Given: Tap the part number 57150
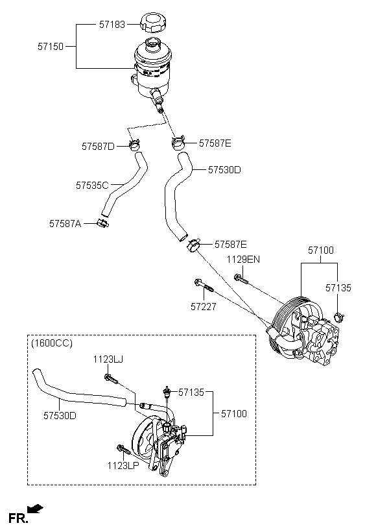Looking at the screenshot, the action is coord(51,47).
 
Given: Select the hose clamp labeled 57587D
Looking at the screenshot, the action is coord(135,145).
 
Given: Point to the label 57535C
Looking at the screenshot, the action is coord(92,186).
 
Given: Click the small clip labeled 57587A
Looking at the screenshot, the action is coord(103,223).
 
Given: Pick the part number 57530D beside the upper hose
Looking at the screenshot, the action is coord(224,169).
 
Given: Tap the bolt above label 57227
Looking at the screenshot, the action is coord(204,285).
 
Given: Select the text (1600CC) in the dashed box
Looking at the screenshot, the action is coord(52,343).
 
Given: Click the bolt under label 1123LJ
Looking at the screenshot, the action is coord(112,379).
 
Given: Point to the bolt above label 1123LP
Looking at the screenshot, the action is coord(124,450).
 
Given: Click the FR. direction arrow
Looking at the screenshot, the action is coord(35,508).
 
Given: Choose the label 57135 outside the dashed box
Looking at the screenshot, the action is coord(338,287).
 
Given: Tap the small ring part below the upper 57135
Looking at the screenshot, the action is coord(339,317).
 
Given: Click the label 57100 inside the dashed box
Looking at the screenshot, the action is coord(234,413).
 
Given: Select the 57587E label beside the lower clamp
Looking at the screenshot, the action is coord(231,245).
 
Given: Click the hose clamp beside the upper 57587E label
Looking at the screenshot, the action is coord(178,142).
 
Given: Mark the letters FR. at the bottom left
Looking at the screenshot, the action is coord(18,518).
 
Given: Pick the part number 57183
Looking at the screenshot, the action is coord(112,25).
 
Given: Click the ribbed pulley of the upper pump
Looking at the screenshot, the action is coord(289,322).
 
